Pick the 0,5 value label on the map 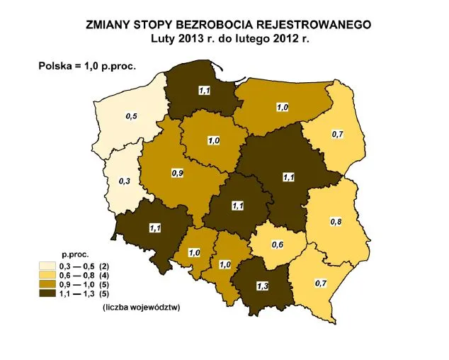pos(132,116)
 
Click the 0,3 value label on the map pos(124,181)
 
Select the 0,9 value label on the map pos(178,172)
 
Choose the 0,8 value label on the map pos(336,222)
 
